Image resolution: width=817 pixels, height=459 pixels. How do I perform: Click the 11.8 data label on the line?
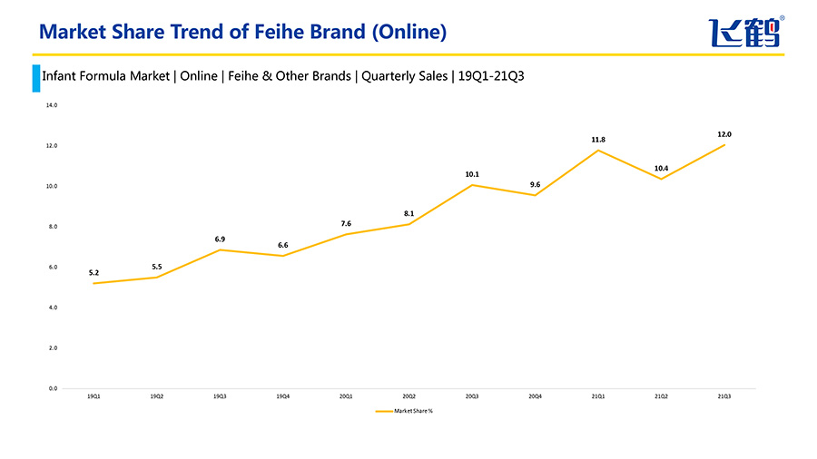click(598, 140)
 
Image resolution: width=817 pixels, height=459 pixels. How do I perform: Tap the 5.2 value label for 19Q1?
click(94, 272)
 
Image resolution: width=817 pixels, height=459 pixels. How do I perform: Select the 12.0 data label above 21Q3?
click(724, 134)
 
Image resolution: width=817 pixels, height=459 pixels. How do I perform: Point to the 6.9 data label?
click(220, 239)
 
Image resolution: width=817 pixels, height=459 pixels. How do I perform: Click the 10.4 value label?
click(661, 168)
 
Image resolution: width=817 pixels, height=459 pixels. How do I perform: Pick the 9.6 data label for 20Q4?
click(536, 184)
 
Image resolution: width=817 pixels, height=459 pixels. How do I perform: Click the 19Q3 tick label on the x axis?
click(220, 396)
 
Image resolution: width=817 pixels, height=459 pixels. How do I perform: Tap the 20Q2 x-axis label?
click(409, 396)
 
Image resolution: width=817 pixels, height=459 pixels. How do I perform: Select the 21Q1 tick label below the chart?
click(598, 396)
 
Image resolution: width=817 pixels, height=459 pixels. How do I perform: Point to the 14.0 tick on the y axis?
click(52, 105)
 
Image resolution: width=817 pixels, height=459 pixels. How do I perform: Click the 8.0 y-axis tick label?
click(52, 227)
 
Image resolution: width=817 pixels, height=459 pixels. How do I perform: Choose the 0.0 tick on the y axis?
click(52, 388)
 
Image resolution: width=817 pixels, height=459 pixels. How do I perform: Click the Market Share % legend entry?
click(404, 411)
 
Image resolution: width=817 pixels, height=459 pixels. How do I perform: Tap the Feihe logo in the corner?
click(745, 33)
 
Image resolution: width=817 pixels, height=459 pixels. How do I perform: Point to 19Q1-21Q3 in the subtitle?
click(491, 76)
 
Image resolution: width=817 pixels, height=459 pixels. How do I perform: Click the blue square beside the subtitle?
click(36, 77)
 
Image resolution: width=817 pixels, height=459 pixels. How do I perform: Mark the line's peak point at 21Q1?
click(598, 150)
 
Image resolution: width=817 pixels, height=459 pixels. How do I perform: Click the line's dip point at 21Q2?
click(661, 179)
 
